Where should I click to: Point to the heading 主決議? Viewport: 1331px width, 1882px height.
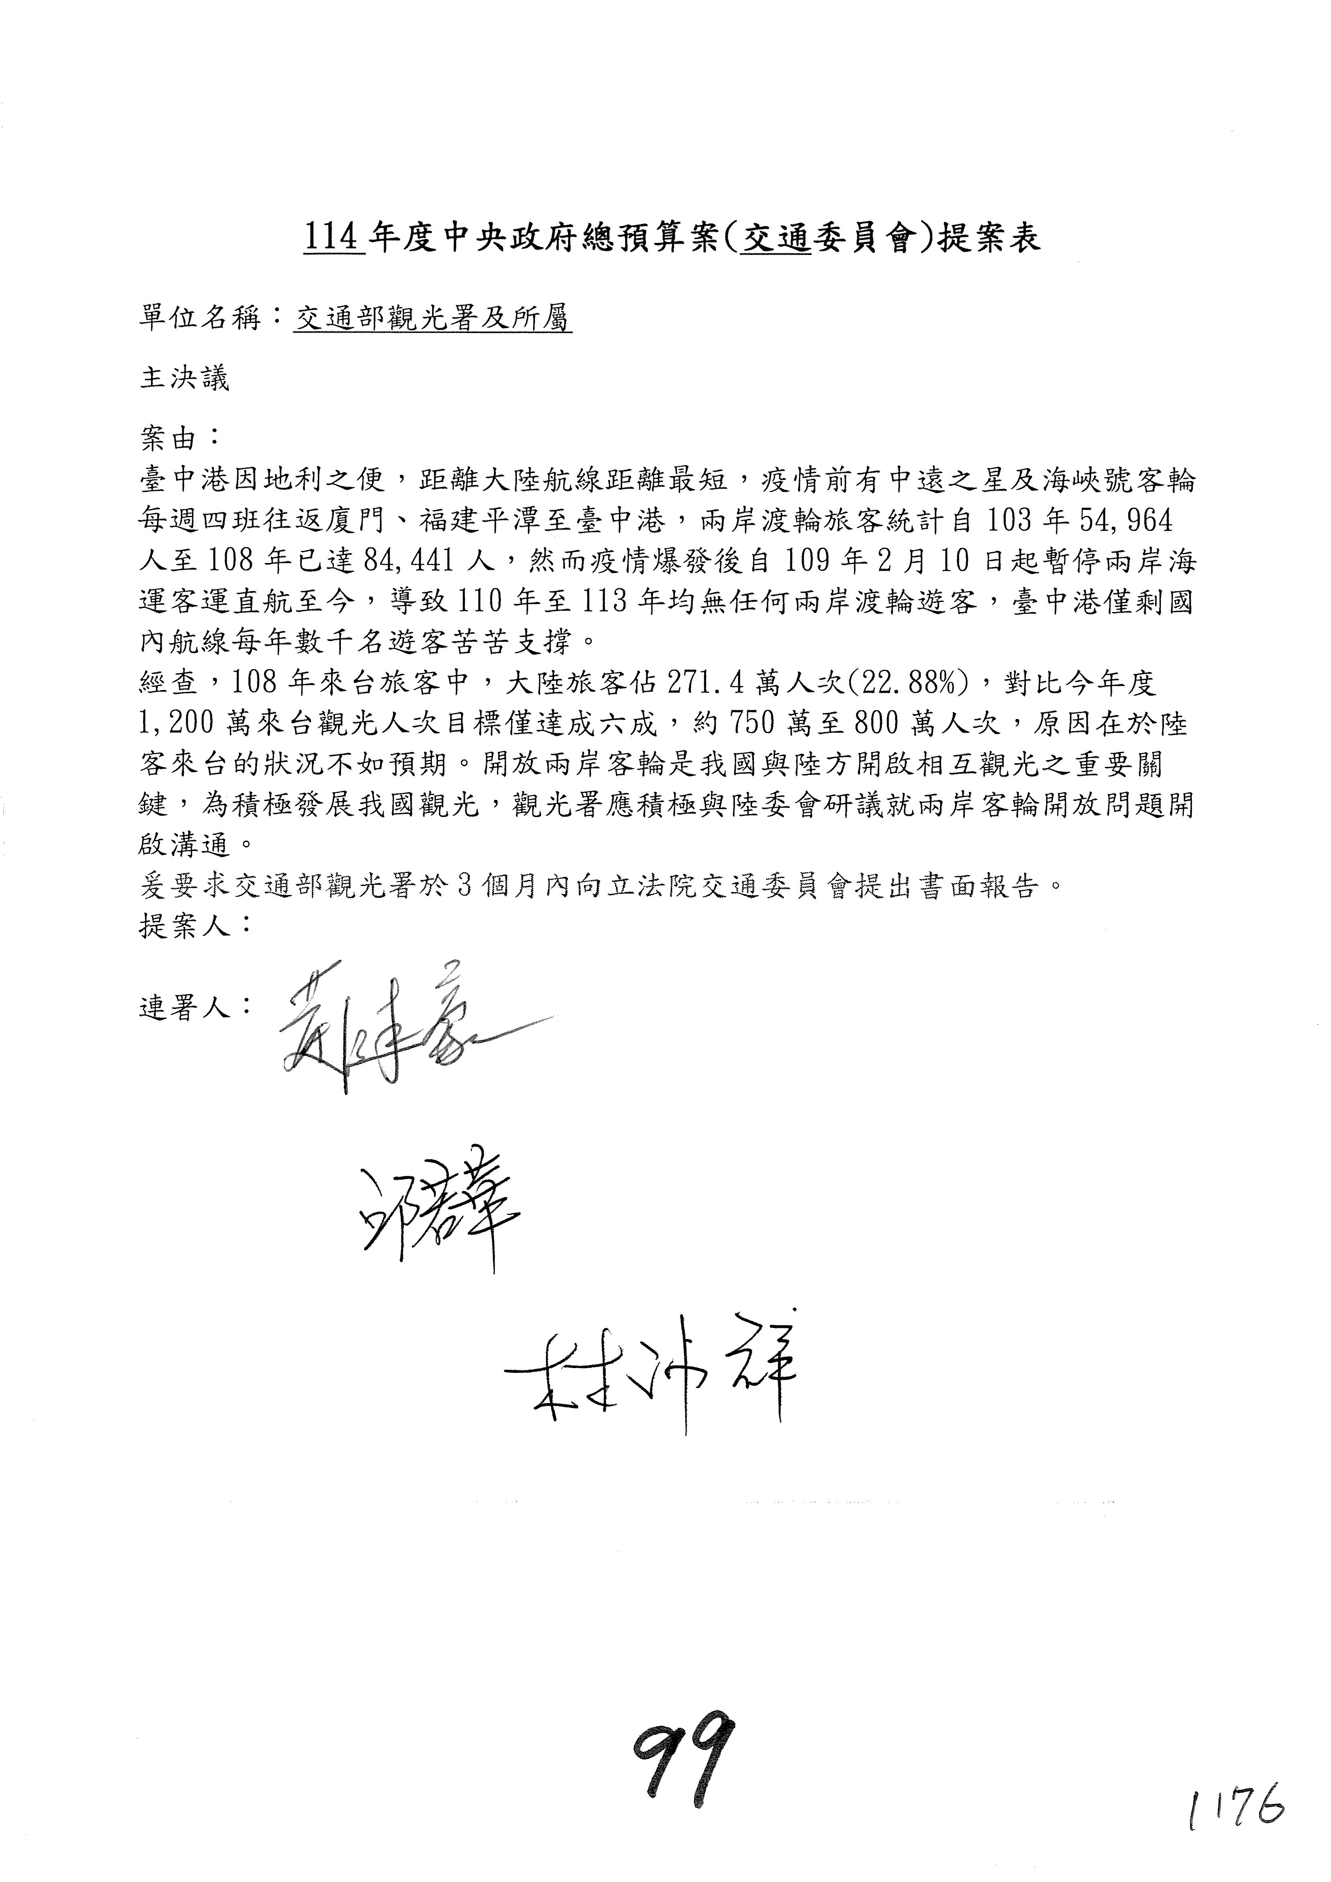click(185, 378)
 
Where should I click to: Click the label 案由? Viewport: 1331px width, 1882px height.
click(170, 439)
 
